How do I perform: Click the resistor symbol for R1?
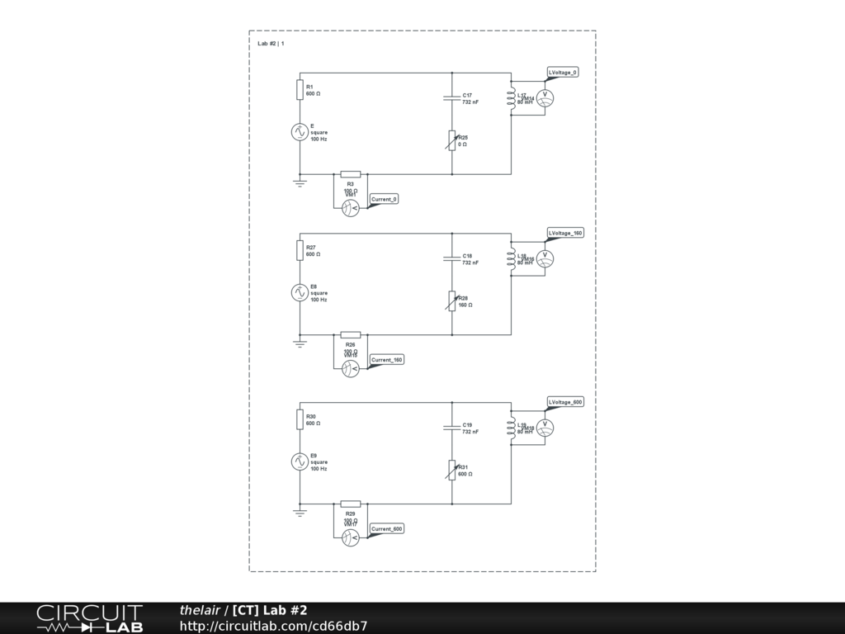coord(300,90)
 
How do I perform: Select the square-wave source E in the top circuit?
coord(300,131)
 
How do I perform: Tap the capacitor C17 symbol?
coord(452,97)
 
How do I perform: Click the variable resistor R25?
coord(452,140)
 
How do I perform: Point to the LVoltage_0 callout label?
coord(564,73)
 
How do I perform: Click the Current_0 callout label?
coord(385,199)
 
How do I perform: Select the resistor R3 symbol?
coord(350,174)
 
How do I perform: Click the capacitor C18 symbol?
coord(452,258)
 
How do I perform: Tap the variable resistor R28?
coord(452,301)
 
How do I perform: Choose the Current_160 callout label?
coord(387,360)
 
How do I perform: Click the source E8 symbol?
coord(300,292)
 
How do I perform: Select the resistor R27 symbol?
coord(300,251)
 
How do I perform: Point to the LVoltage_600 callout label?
coord(566,402)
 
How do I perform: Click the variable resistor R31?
coord(452,471)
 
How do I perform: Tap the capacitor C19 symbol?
coord(452,428)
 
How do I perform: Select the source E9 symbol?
coord(300,461)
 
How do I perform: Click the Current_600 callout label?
coord(387,529)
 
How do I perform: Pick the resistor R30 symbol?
coord(300,420)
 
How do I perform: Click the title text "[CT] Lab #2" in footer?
coord(270,610)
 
